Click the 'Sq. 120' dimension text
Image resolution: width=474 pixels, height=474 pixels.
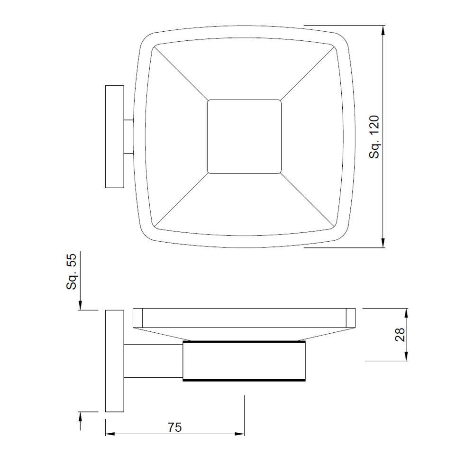tap(375, 137)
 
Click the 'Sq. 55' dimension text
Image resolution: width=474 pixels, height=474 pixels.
tap(71, 272)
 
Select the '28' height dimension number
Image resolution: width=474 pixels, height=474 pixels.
tap(400, 335)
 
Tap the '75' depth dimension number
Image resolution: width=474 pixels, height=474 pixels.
tap(174, 427)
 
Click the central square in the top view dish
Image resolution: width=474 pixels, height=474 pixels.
tap(244, 137)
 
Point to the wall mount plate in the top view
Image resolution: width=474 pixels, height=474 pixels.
tap(114, 137)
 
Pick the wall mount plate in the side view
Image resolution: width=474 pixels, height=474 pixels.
tap(114, 360)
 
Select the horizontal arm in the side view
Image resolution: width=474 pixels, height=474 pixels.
tap(153, 360)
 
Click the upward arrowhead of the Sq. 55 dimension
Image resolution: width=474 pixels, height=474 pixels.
tap(81, 416)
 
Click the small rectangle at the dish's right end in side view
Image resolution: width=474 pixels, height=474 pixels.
tap(351, 318)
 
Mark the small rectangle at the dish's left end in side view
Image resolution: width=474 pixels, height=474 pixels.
tap(138, 318)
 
